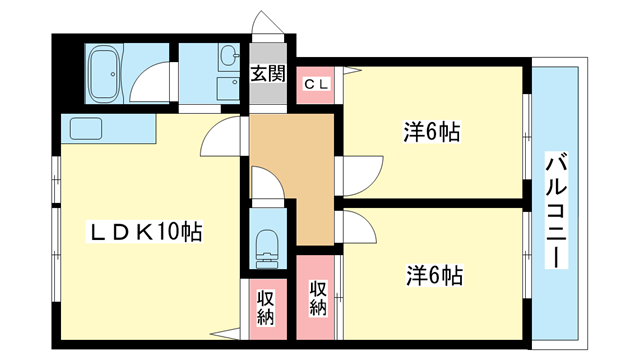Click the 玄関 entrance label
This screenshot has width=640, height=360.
267,72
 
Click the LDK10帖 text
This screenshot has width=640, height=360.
147,232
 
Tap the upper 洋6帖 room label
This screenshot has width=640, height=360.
431,131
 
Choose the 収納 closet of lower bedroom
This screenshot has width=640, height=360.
317,298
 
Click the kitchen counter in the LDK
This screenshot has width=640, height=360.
108,128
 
